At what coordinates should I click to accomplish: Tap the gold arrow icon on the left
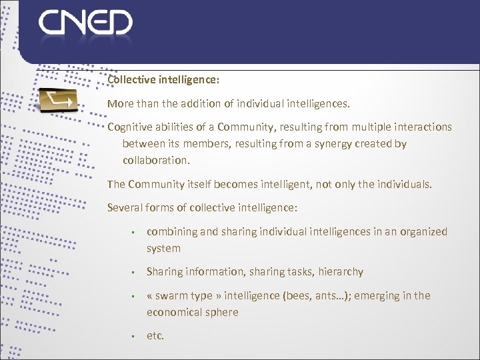(x=58, y=101)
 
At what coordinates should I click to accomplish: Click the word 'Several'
(x=125, y=207)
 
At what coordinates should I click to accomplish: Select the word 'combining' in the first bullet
(x=171, y=231)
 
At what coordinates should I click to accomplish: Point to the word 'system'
(x=163, y=248)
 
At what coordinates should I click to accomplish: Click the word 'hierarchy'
(x=340, y=271)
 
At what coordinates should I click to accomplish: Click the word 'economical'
(x=175, y=312)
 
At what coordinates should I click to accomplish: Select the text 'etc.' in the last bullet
(x=155, y=335)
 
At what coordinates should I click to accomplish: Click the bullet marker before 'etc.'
(x=134, y=336)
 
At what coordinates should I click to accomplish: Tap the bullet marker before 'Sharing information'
(x=134, y=272)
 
